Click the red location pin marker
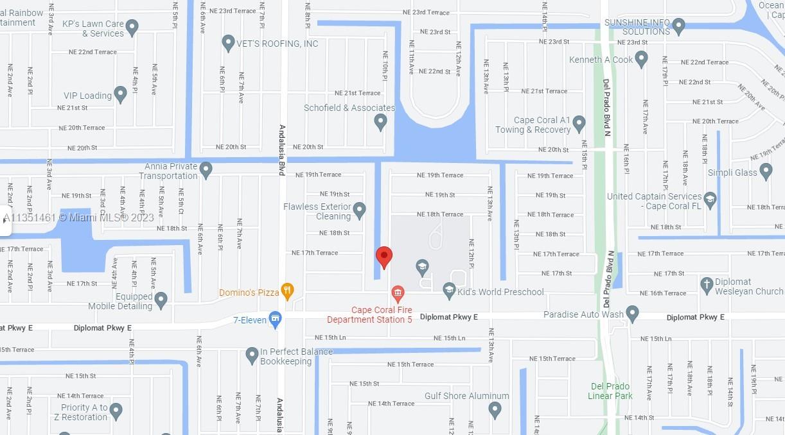pos(384,257)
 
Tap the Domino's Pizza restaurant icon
pos(287,291)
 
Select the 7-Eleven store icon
pos(276,319)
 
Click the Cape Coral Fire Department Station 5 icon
pos(398,294)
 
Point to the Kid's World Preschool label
pos(500,292)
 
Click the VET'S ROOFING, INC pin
pos(228,43)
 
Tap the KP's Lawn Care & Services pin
pos(132,28)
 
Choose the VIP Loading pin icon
pos(120,94)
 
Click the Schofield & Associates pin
pos(380,121)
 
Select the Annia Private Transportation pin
pos(206,170)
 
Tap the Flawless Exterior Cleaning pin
pos(359,210)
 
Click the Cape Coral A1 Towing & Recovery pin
pos(579,123)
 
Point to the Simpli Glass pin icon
pos(765,171)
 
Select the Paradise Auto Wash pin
pos(632,314)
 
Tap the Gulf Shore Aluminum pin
pos(495,409)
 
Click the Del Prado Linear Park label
pos(610,391)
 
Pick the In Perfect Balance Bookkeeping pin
pos(252,355)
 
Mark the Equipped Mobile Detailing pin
pos(161,300)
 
